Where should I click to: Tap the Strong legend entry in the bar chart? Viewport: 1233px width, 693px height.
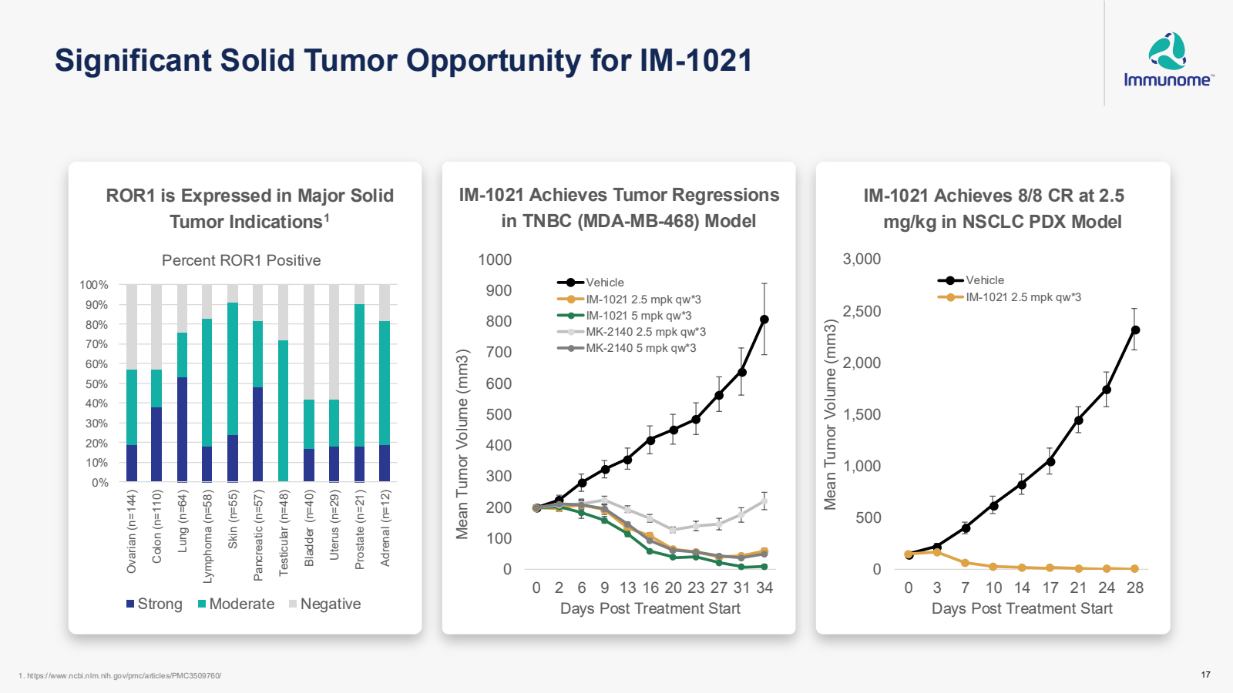154,604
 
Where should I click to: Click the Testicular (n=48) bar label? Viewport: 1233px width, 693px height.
284,532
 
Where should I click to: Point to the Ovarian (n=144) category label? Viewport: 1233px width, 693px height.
132,531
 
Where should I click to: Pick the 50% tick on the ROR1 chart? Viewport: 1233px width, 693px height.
96,384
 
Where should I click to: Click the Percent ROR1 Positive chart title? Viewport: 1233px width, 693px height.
241,260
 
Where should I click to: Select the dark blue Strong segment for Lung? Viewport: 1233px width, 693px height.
182,429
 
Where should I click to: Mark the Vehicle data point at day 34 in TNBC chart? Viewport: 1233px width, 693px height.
764,320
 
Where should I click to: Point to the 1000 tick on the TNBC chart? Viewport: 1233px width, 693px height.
495,260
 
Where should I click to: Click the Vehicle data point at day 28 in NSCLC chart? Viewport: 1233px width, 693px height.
1135,330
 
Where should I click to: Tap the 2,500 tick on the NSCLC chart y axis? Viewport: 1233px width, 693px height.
862,312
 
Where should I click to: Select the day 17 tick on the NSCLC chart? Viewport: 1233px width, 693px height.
1050,588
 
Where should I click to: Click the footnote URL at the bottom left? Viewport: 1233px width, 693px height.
120,676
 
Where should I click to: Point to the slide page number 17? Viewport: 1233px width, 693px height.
1205,675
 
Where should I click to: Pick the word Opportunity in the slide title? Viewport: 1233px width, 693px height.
455,61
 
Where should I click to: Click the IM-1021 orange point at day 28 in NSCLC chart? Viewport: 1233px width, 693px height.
1135,569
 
